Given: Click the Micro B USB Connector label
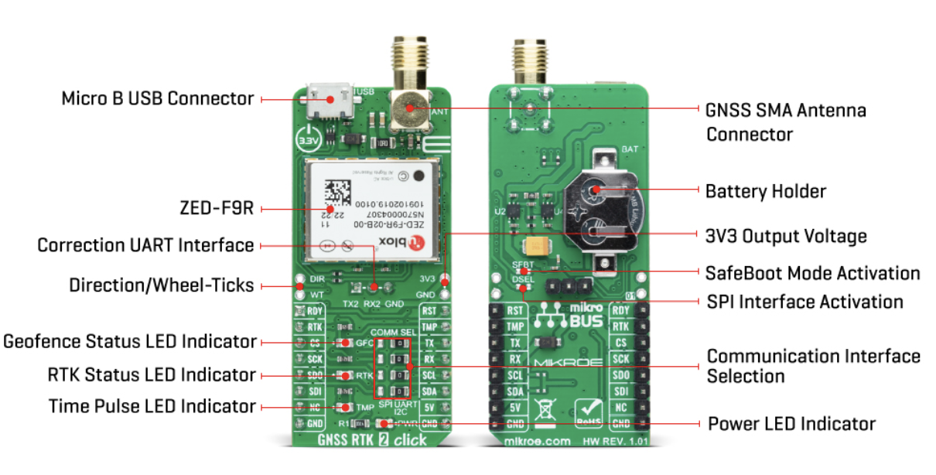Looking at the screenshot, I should [x=158, y=99].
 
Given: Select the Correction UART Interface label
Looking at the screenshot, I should [x=146, y=245].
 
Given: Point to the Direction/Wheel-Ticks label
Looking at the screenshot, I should [x=162, y=285].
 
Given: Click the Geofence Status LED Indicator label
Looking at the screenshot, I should [x=130, y=340].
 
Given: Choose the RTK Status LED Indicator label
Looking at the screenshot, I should [x=151, y=374].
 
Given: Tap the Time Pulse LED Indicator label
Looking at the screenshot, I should [x=152, y=405].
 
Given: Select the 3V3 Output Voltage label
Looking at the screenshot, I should [x=785, y=235].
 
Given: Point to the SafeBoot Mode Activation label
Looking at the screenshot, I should [x=812, y=273].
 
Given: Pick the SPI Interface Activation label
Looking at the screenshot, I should [x=804, y=301].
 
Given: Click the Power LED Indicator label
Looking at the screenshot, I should [x=791, y=424].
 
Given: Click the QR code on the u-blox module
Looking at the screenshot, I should [x=336, y=194].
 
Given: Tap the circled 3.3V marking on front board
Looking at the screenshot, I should [x=308, y=142].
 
